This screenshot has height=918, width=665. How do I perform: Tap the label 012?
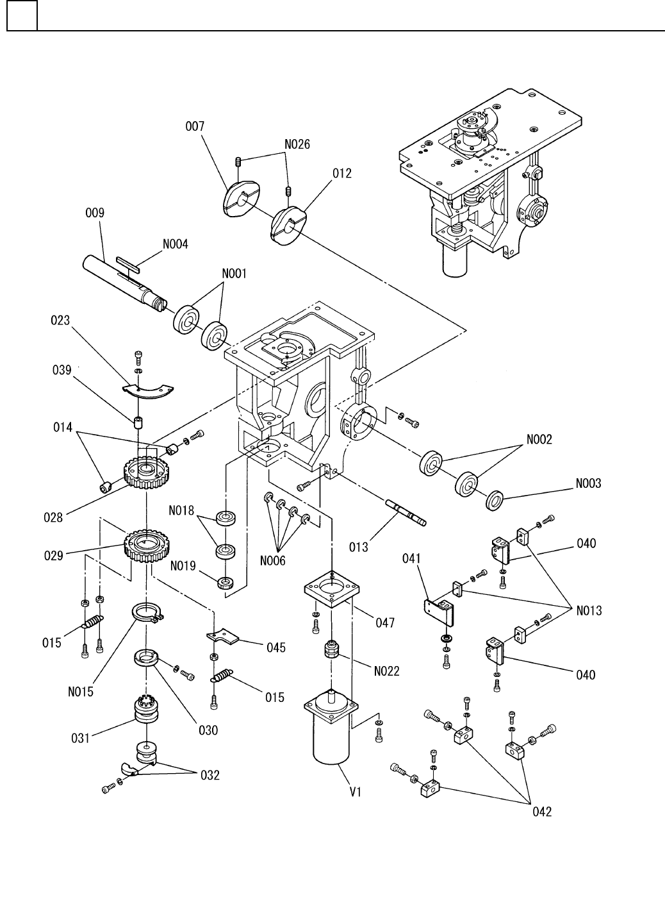coord(342,174)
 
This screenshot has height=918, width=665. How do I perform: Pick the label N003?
coord(587,483)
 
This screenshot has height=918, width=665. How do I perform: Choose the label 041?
coord(411,559)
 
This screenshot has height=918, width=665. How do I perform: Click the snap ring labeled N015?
coord(147,613)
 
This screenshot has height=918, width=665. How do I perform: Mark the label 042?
coord(541,812)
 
